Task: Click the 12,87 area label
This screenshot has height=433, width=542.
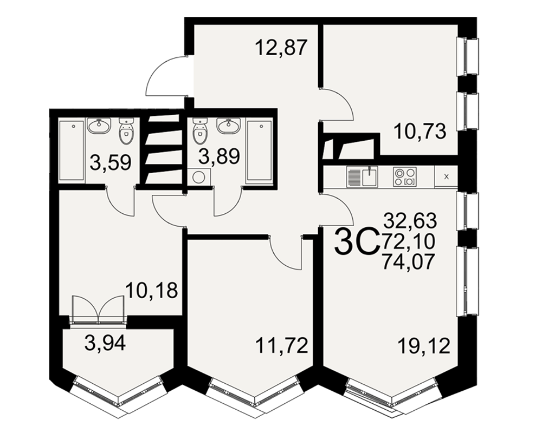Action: coord(281,48)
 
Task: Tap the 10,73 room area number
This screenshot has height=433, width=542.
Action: coord(420,132)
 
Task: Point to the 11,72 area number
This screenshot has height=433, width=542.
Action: coord(282,345)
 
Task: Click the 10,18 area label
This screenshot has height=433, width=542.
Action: coord(151,290)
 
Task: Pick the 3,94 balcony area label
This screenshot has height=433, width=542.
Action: coord(106,343)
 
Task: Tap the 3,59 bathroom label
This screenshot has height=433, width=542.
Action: coord(111,162)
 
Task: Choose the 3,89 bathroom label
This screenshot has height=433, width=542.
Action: coord(219,156)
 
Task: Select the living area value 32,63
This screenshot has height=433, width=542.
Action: coord(411,221)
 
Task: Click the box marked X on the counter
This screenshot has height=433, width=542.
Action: coord(446,176)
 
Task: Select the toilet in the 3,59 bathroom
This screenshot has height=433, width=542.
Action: coord(126,132)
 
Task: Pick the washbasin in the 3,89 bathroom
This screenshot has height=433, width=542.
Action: coord(228,126)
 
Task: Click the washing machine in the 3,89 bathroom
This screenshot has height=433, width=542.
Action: coord(199,178)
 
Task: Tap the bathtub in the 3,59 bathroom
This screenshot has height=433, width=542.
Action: coord(72,150)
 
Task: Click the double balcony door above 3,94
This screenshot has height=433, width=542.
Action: coord(99,309)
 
